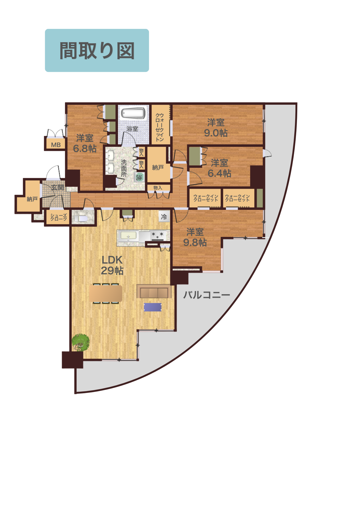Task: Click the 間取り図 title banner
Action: (x=97, y=50)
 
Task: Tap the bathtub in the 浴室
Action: (x=133, y=113)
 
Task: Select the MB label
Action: (x=56, y=145)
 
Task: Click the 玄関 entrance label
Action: (x=57, y=187)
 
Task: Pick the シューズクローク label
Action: (x=59, y=217)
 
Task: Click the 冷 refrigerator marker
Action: (x=164, y=217)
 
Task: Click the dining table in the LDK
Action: (x=105, y=293)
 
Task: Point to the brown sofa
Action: (x=154, y=291)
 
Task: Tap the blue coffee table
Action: (x=153, y=307)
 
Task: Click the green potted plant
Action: (x=80, y=342)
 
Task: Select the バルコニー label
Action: (x=207, y=295)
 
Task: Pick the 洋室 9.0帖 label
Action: (x=216, y=127)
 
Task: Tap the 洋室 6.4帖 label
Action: (x=219, y=168)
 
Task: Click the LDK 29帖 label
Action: (x=112, y=265)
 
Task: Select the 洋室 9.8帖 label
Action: (x=195, y=237)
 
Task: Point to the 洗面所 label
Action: (x=124, y=168)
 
